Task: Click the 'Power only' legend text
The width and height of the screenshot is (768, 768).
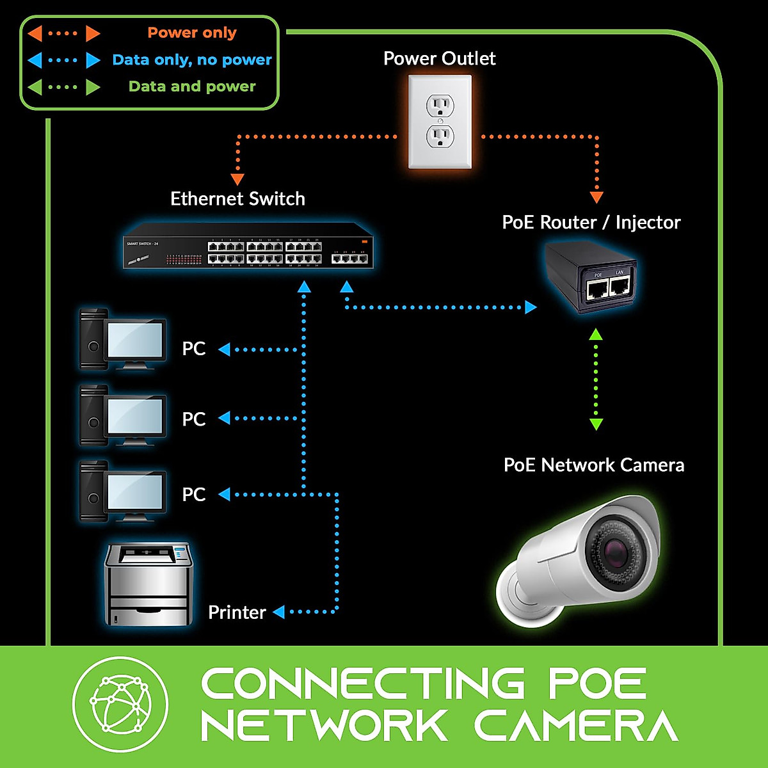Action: click(191, 33)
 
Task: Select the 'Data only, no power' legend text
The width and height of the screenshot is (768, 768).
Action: click(191, 60)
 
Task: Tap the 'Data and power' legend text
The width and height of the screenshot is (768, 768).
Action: click(191, 86)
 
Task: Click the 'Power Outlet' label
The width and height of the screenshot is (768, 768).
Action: click(439, 59)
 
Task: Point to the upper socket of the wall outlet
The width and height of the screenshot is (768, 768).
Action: click(440, 104)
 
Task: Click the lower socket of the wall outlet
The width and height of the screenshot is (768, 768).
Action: click(440, 136)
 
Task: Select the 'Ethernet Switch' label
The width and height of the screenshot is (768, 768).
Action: click(237, 199)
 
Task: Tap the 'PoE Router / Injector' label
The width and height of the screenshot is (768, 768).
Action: click(591, 223)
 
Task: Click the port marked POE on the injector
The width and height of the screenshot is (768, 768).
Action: click(597, 291)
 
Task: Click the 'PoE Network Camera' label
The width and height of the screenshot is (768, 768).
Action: click(593, 465)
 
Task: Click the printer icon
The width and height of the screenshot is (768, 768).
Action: click(148, 584)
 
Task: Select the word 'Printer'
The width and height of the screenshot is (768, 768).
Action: click(237, 612)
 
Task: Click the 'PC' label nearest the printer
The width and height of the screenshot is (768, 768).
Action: click(193, 495)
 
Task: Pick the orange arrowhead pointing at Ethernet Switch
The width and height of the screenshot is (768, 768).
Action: click(237, 180)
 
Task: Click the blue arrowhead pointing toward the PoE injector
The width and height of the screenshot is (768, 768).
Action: click(531, 307)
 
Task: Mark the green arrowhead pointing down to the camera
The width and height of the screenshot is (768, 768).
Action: click(596, 424)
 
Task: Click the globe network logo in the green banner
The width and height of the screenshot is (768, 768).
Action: click(120, 704)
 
